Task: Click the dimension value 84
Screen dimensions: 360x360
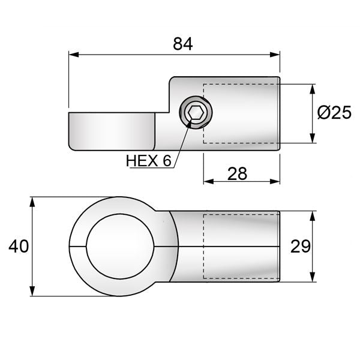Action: click(182, 44)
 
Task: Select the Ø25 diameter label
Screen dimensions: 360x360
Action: click(334, 113)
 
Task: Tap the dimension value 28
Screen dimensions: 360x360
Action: click(238, 173)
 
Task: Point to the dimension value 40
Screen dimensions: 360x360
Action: click(17, 246)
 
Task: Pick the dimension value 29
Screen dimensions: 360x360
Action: click(300, 246)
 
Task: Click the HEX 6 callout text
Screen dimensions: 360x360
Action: click(149, 161)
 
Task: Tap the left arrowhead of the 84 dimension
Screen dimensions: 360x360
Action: click(73, 55)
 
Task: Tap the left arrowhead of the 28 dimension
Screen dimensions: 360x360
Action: click(208, 181)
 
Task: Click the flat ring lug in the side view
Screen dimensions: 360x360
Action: click(111, 131)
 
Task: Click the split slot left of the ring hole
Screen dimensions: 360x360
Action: click(79, 246)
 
